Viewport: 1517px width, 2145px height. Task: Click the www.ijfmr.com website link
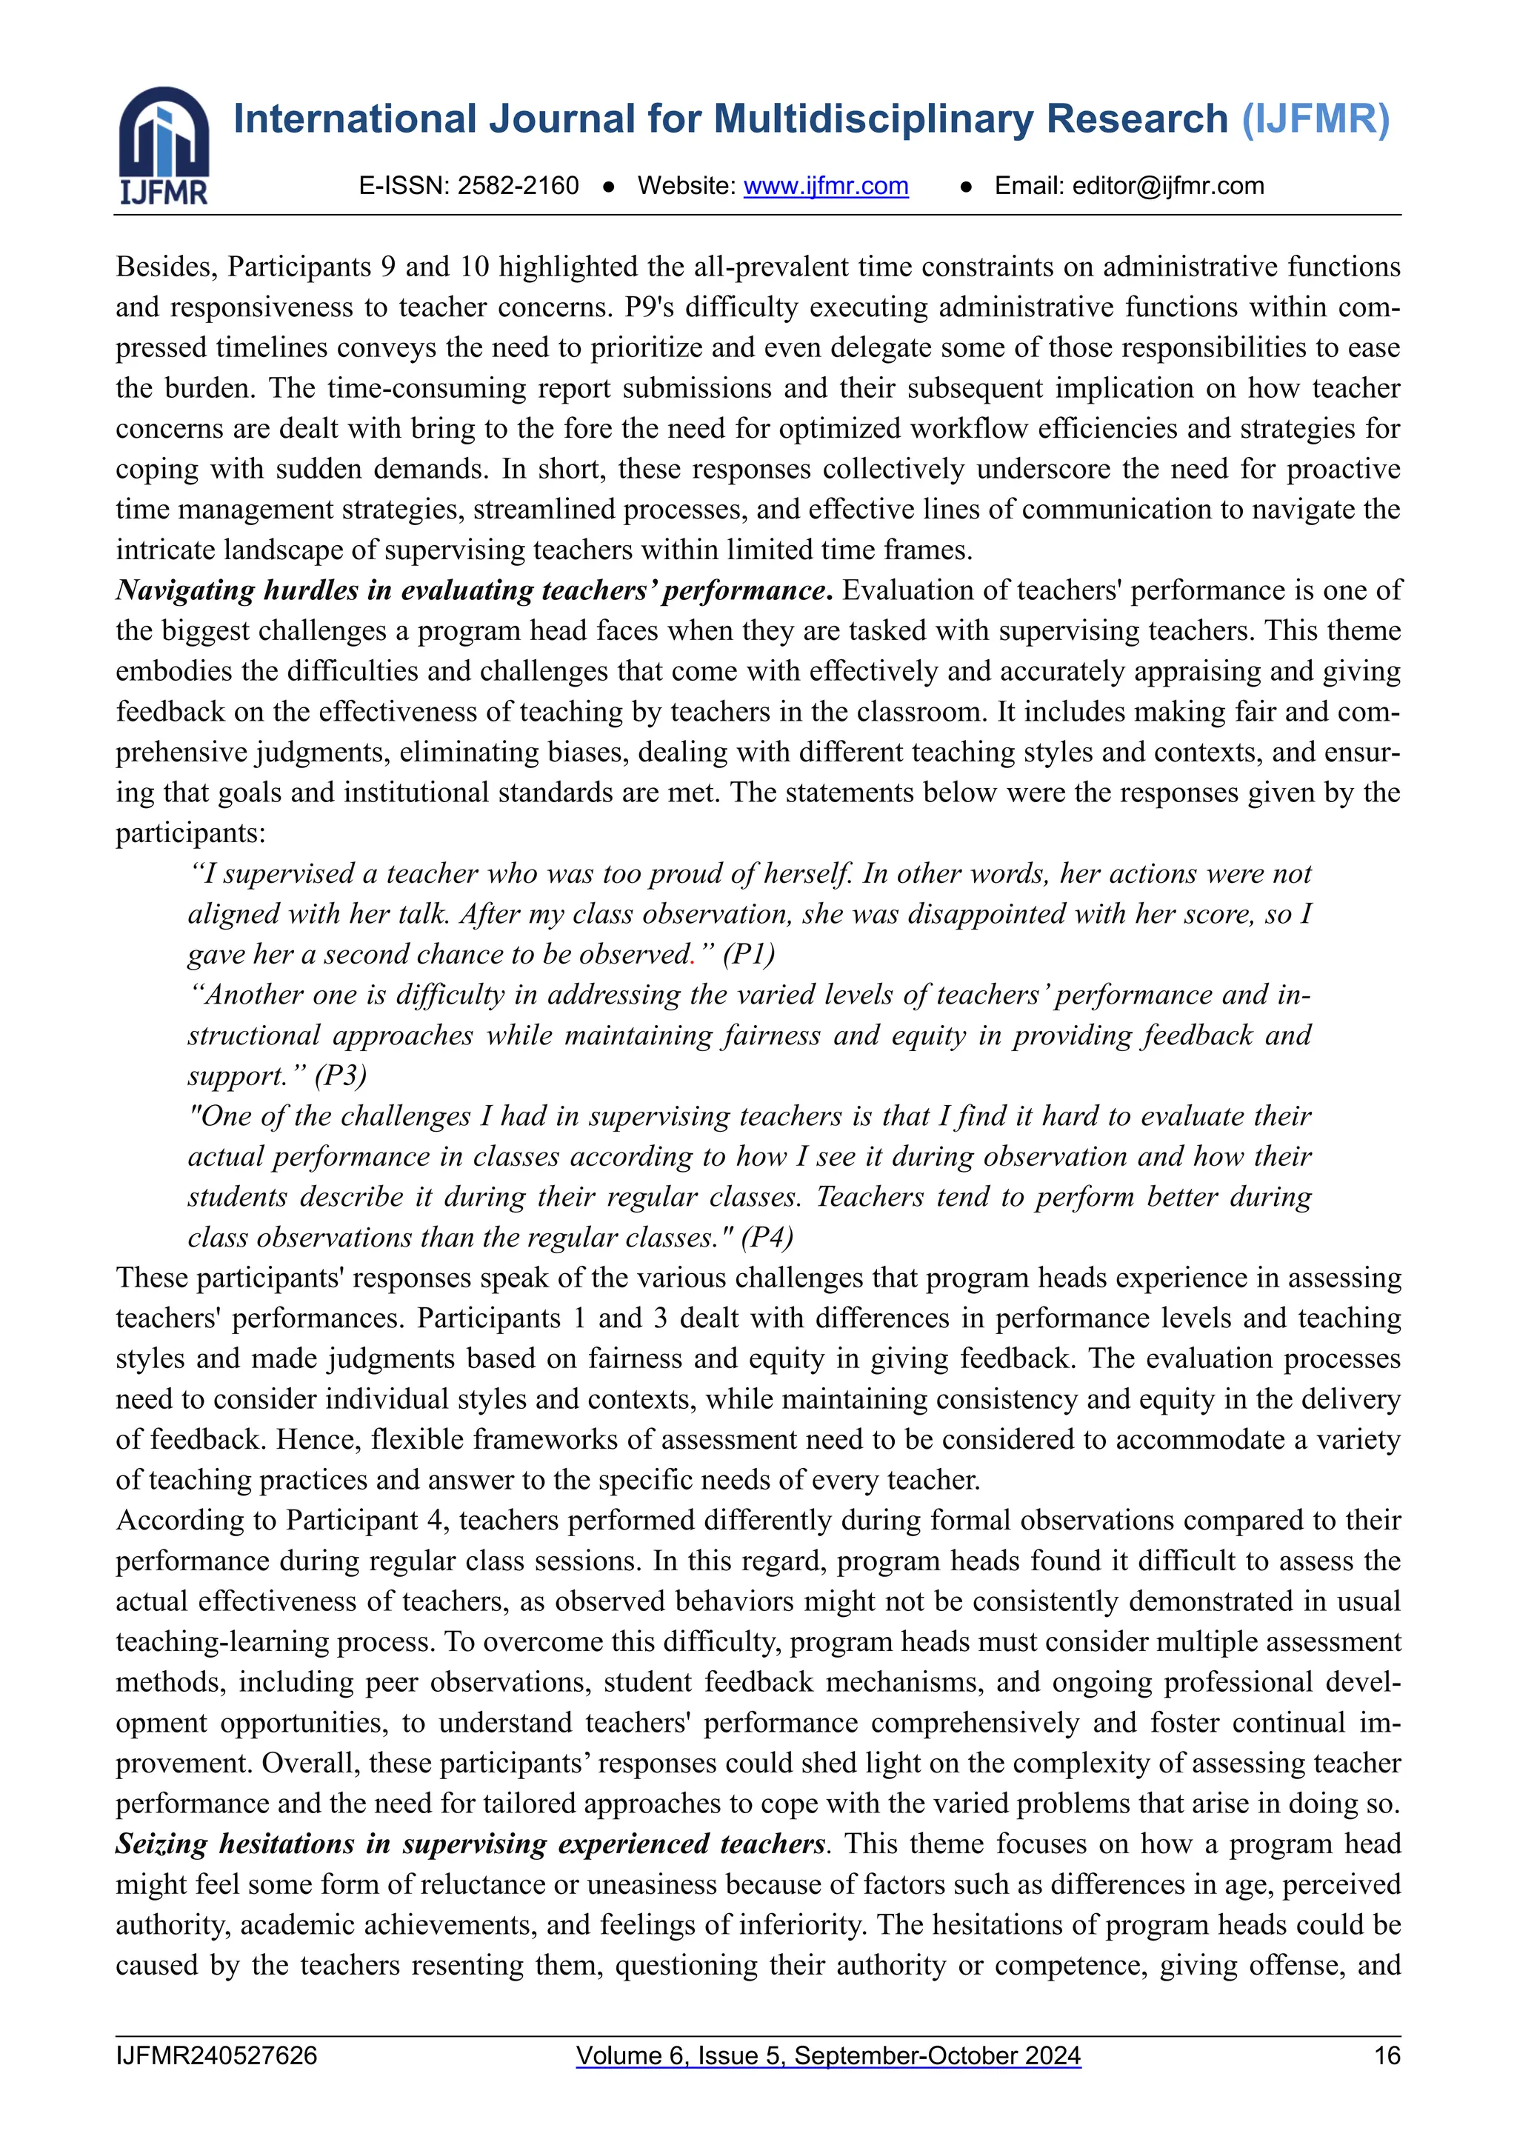click(x=826, y=186)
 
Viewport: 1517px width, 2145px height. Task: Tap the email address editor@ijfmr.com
click(x=1167, y=186)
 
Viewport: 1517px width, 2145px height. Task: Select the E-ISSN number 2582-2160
click(x=519, y=186)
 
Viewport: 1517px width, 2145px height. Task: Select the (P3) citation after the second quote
click(x=340, y=1075)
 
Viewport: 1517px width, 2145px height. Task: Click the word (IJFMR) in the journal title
click(x=1316, y=119)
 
